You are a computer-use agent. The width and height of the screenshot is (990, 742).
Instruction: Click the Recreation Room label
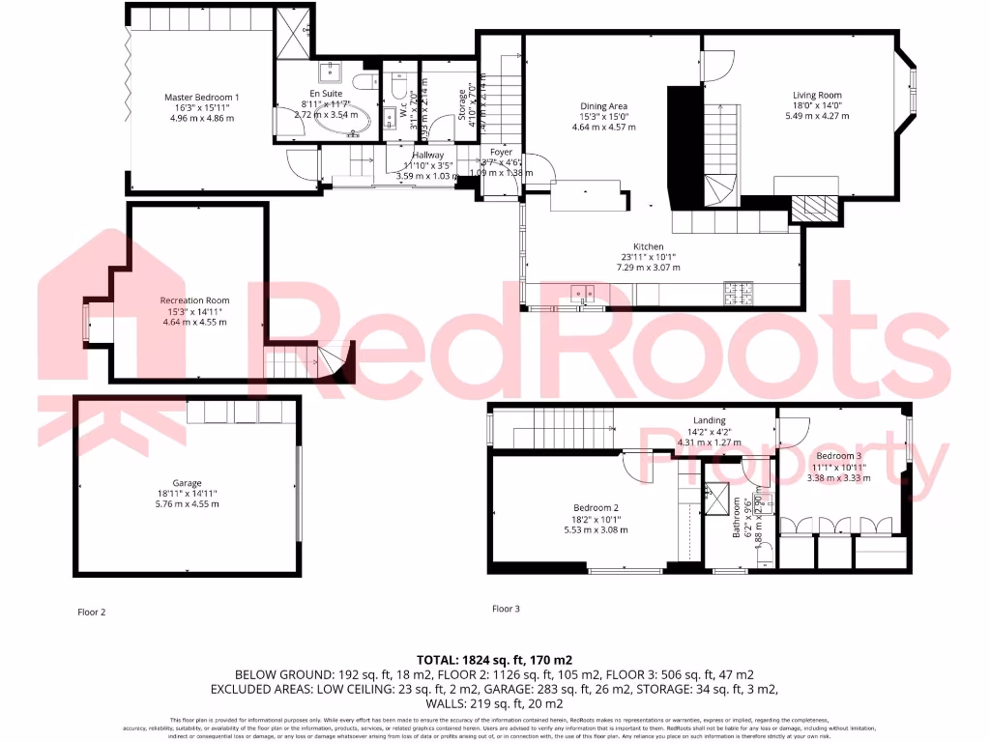[x=194, y=300]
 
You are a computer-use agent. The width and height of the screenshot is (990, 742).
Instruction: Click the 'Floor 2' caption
[x=91, y=612]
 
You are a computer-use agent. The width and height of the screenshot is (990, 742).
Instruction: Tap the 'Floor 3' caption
[x=506, y=609]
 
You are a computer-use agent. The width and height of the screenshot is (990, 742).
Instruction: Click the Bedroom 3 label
[x=837, y=456]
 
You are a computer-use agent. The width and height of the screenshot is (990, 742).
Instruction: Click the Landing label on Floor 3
[x=709, y=420]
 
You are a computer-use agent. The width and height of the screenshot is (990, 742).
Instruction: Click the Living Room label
[x=817, y=95]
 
